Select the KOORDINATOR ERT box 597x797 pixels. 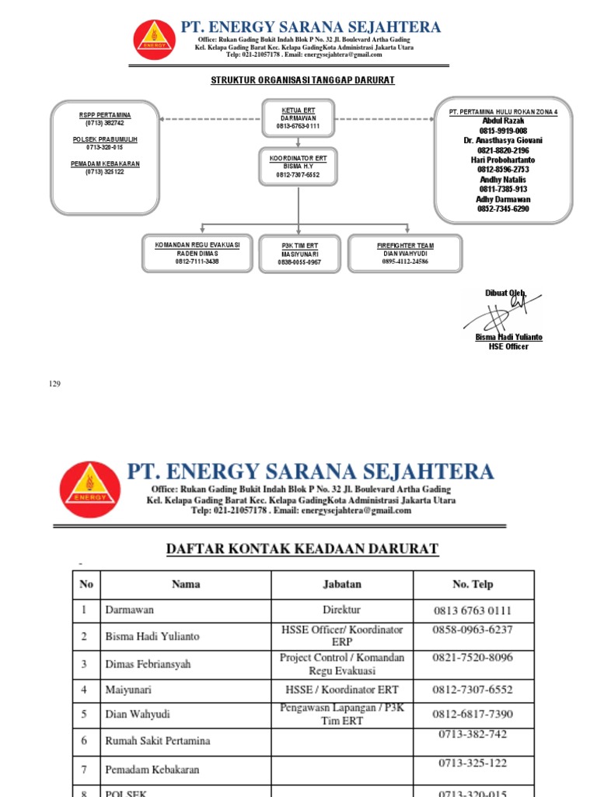pyautogui.click(x=298, y=167)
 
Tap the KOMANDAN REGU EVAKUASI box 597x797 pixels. pyautogui.click(x=197, y=253)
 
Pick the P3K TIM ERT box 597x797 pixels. pyautogui.click(x=299, y=254)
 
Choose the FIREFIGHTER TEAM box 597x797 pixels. pyautogui.click(x=404, y=253)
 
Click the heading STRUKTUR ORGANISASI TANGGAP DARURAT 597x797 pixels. pyautogui.click(x=303, y=80)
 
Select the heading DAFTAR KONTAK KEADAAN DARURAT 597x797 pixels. pyautogui.click(x=303, y=549)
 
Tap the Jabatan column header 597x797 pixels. pyautogui.click(x=342, y=585)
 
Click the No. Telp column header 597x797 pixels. pyautogui.click(x=473, y=585)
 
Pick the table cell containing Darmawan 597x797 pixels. pyautogui.click(x=186, y=611)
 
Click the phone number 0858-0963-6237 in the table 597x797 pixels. pyautogui.click(x=473, y=630)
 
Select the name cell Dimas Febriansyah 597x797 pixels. pyautogui.click(x=186, y=664)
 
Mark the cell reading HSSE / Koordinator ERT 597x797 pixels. pyautogui.click(x=342, y=690)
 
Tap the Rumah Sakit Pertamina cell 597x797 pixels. pyautogui.click(x=186, y=741)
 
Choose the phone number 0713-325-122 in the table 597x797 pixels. pyautogui.click(x=473, y=764)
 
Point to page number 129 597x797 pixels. pyautogui.click(x=54, y=384)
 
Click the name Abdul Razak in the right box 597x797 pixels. pyautogui.click(x=503, y=121)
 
